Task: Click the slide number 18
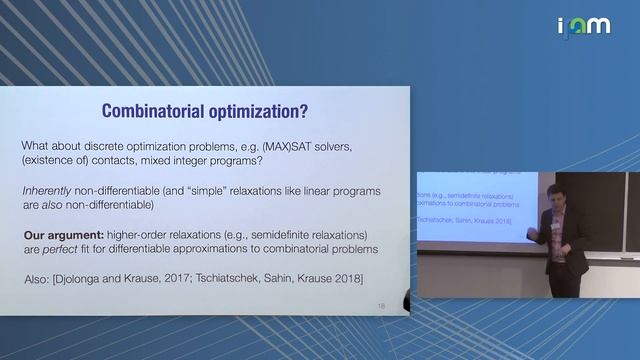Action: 381,305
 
